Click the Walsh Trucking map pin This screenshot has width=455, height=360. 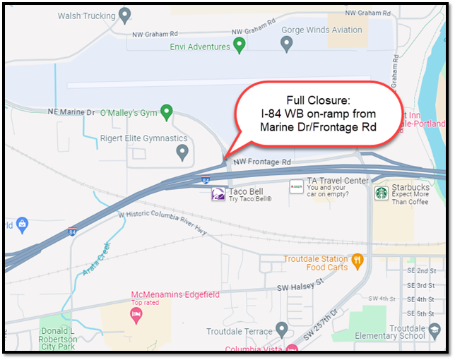point(125,14)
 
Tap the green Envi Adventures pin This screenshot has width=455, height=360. point(240,46)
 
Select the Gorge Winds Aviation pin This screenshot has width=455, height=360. point(287,44)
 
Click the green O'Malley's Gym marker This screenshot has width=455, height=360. point(167,112)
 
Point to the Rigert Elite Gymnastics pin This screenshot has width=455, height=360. point(183,151)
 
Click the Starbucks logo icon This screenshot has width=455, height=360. point(382,192)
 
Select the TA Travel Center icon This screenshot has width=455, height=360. point(297,186)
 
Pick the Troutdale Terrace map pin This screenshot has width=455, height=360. point(282,330)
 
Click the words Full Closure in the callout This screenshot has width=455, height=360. point(312,100)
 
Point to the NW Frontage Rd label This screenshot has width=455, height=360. point(261,162)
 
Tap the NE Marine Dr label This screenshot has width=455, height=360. point(71,112)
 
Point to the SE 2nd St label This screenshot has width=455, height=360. point(420,271)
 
